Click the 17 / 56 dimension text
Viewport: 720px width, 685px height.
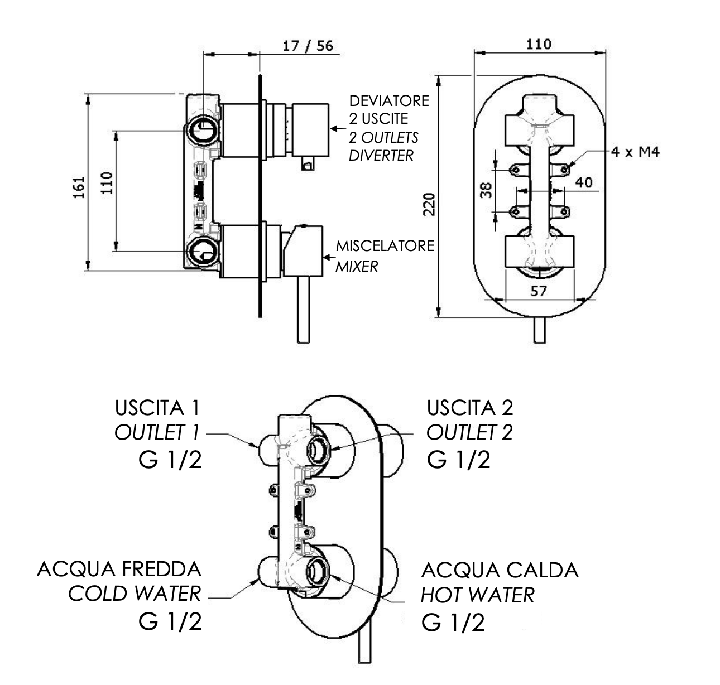pyautogui.click(x=308, y=45)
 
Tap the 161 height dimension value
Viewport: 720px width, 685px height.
pyautogui.click(x=79, y=187)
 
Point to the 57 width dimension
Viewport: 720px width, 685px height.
pyautogui.click(x=538, y=291)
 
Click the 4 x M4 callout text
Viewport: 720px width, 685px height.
pyautogui.click(x=635, y=151)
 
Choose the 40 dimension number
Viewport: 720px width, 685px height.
pyautogui.click(x=583, y=182)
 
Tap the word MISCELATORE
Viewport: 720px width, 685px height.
pyautogui.click(x=385, y=246)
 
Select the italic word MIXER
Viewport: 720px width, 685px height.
pyautogui.click(x=356, y=266)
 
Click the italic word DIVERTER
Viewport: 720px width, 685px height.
pyautogui.click(x=381, y=155)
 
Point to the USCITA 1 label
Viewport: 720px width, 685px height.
pyautogui.click(x=157, y=408)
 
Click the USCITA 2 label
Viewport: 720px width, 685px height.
pyautogui.click(x=470, y=408)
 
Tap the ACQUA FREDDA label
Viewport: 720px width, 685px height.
pyautogui.click(x=119, y=570)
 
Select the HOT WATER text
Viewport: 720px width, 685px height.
pyautogui.click(x=477, y=595)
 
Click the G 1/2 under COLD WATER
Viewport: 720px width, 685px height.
pyautogui.click(x=170, y=621)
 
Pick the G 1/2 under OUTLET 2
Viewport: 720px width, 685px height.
pyautogui.click(x=459, y=460)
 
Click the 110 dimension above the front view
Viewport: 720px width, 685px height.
pyautogui.click(x=538, y=44)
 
